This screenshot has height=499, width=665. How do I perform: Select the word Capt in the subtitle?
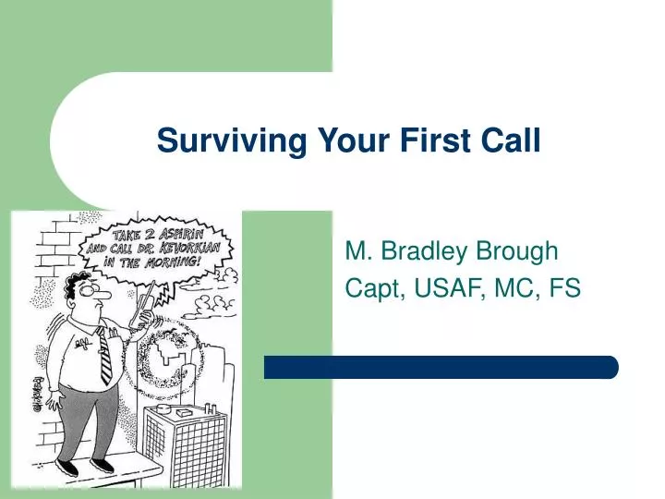coord(372,289)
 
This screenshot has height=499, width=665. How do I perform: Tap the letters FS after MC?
coord(564,289)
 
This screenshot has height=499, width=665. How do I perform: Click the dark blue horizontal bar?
coord(441,367)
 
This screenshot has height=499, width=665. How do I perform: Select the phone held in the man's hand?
coord(144,307)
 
